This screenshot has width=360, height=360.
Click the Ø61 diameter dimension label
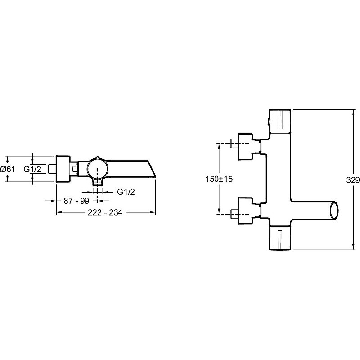tap(8, 169)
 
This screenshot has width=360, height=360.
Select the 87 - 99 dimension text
tap(76, 201)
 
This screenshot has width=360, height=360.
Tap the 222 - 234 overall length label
tap(105, 212)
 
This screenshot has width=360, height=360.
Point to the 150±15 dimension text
tap(219, 179)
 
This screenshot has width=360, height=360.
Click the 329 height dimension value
tap(353, 180)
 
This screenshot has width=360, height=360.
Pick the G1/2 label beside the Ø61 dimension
tap(32, 169)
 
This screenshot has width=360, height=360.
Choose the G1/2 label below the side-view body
tap(126, 192)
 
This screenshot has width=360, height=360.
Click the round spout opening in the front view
tap(334, 211)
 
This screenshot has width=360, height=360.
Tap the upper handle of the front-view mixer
tap(280, 121)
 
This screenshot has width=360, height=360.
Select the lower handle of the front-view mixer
tap(280, 238)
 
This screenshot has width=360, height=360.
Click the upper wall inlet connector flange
tap(245, 147)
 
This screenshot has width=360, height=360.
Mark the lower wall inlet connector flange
tap(245, 211)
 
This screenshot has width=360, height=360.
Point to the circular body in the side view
tap(97, 169)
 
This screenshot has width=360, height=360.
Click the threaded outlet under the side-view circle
tap(98, 182)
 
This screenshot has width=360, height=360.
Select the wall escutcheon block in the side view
tap(63, 169)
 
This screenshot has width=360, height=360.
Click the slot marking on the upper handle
tap(280, 120)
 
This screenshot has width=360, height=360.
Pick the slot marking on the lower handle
tap(280, 239)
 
